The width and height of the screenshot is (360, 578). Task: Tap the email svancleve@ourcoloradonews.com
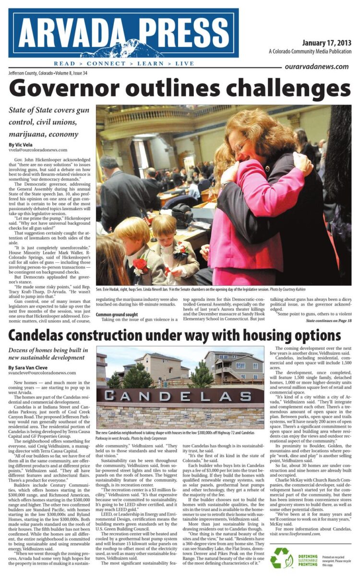tap(42, 373)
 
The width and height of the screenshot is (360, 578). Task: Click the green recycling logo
tap(281, 558)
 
